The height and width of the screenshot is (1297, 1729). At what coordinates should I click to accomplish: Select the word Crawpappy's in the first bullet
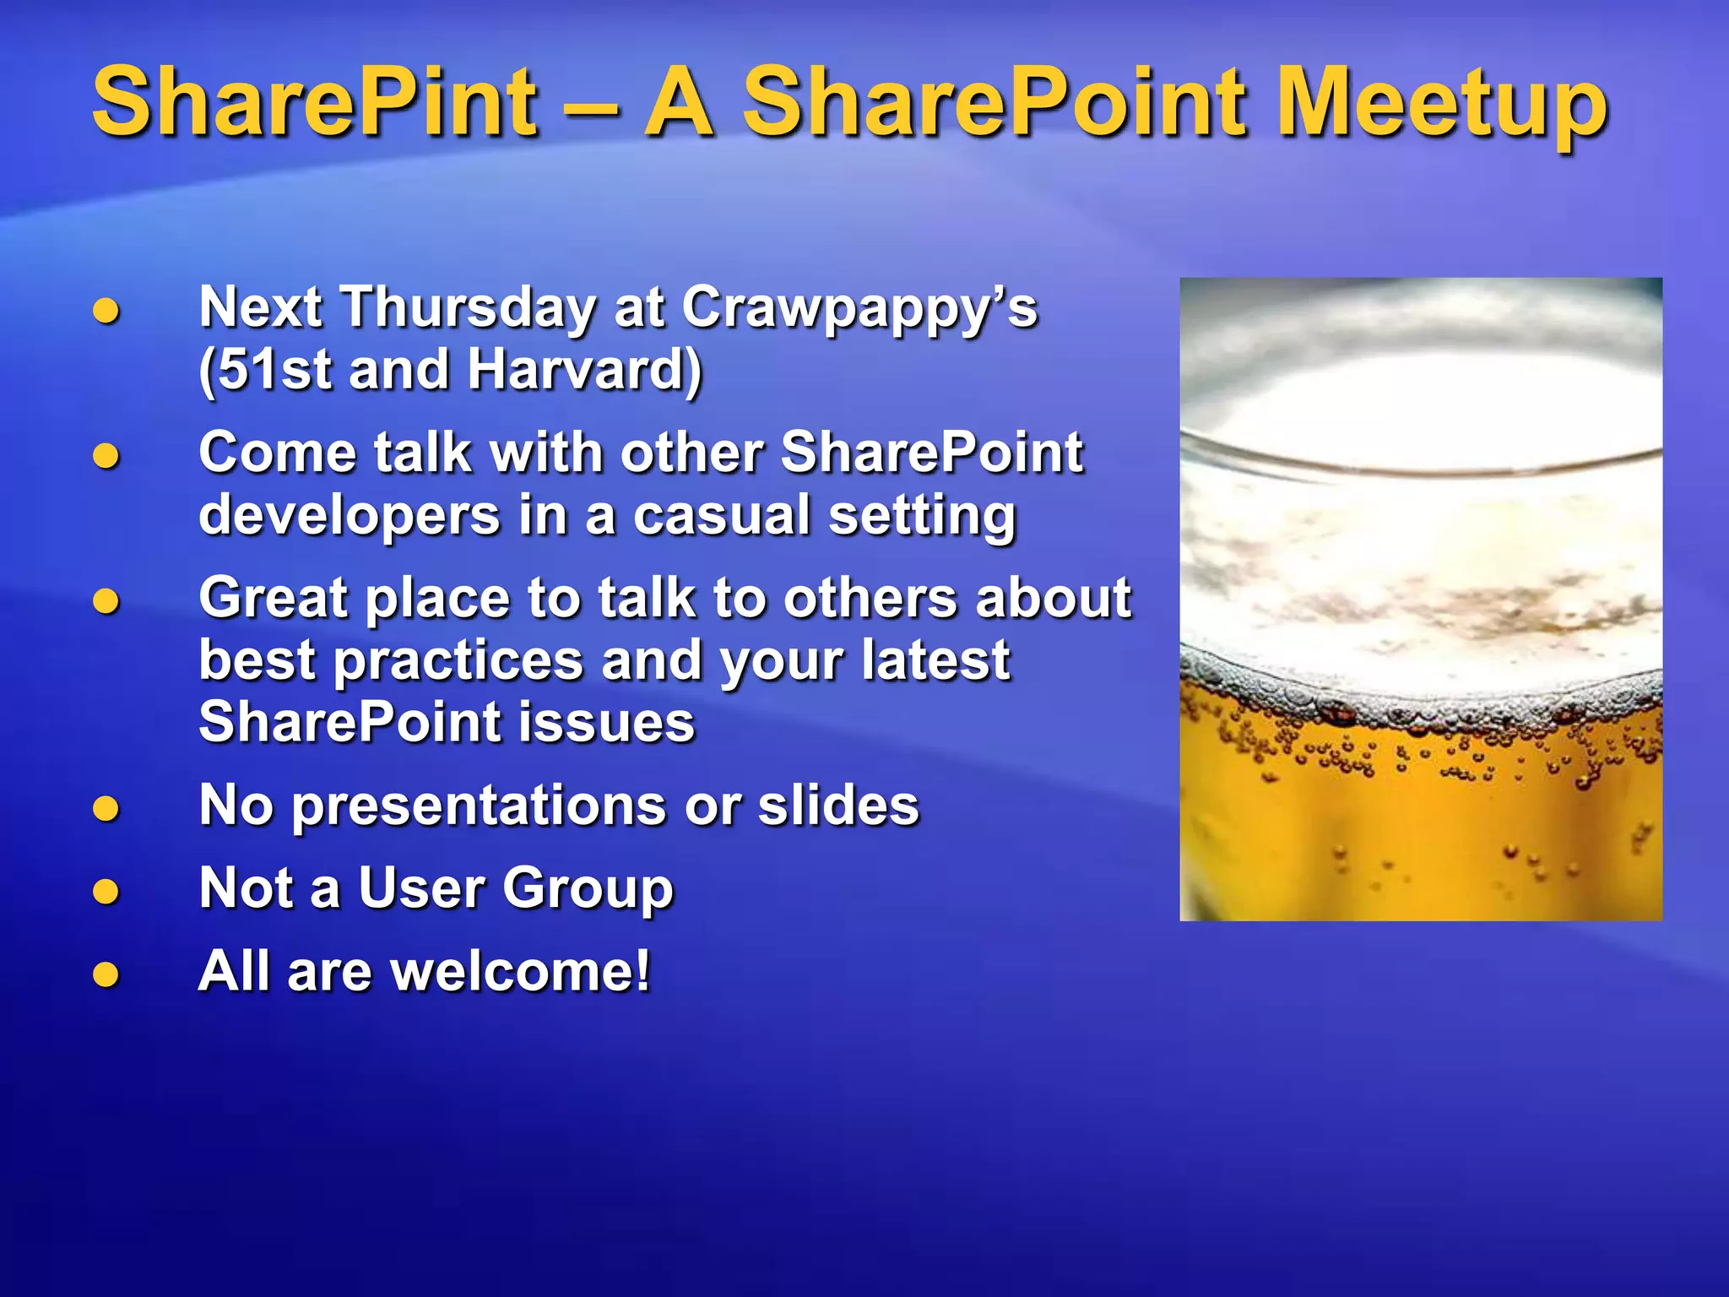click(x=859, y=307)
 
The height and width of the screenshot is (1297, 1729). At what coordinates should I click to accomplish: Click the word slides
click(x=837, y=805)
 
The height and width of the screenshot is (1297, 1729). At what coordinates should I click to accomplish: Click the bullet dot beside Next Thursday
click(x=106, y=311)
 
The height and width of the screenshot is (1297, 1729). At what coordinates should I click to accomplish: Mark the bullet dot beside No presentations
click(x=106, y=809)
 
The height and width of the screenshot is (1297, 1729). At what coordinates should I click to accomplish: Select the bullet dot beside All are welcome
click(x=106, y=974)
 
